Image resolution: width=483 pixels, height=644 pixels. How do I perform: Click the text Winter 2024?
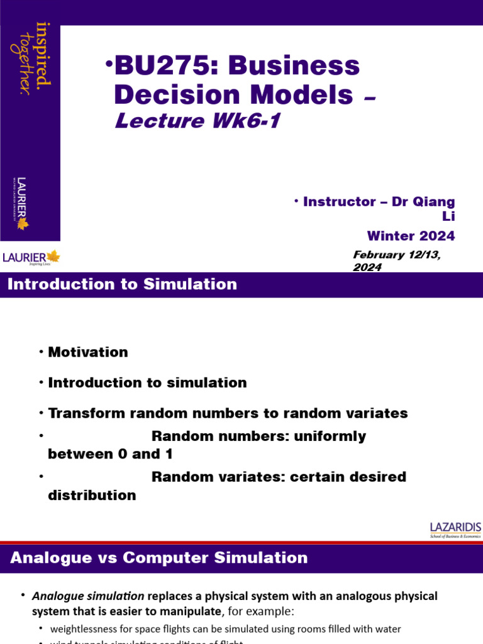(x=411, y=236)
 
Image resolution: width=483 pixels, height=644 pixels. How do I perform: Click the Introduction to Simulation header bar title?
(x=123, y=284)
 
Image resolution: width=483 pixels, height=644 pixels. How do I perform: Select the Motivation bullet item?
(x=88, y=352)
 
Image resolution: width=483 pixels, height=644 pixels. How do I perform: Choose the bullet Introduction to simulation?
(x=147, y=382)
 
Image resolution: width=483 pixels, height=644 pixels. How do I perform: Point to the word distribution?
(x=92, y=496)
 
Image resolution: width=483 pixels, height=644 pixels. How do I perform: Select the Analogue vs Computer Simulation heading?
(x=160, y=558)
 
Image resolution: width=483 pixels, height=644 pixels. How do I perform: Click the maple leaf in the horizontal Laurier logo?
(x=53, y=256)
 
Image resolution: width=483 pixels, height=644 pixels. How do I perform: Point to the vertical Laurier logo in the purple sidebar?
(x=23, y=203)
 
